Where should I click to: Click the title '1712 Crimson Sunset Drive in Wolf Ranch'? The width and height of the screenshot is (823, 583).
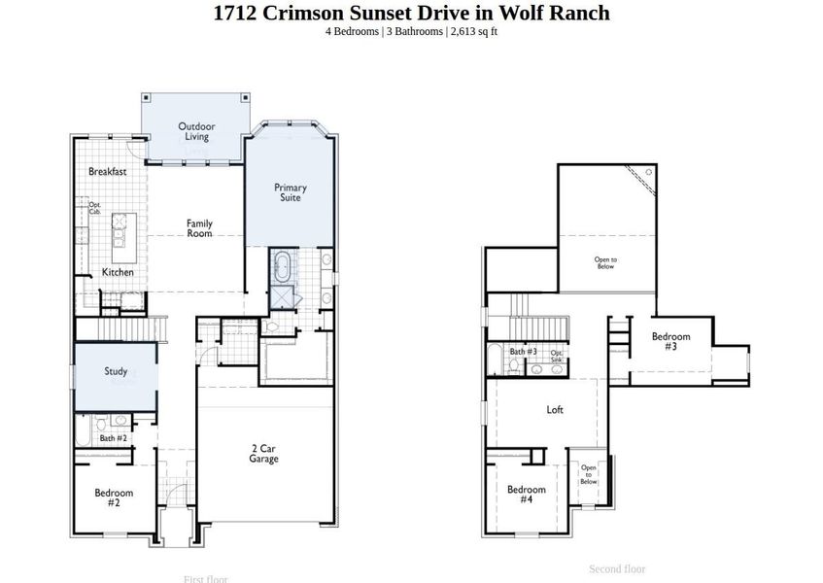click(x=411, y=13)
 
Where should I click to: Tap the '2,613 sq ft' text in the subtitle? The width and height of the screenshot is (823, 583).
click(x=474, y=31)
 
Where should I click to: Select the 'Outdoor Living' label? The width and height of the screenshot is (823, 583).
click(x=196, y=131)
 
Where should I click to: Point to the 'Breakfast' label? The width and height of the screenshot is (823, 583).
click(x=107, y=172)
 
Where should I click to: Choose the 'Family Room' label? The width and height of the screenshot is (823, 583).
click(x=199, y=228)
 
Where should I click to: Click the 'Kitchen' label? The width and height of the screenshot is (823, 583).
click(x=118, y=272)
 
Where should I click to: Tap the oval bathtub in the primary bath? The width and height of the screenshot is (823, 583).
click(x=283, y=265)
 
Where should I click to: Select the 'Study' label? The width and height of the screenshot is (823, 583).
click(x=116, y=371)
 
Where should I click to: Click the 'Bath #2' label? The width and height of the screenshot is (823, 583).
click(x=113, y=438)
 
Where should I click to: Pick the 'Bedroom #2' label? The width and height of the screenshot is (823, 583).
click(x=114, y=497)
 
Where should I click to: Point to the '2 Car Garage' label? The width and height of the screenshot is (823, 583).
click(x=263, y=454)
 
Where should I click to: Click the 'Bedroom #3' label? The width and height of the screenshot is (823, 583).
click(x=670, y=341)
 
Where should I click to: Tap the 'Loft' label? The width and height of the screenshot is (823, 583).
click(x=555, y=410)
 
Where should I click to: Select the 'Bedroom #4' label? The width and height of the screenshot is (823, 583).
click(x=526, y=494)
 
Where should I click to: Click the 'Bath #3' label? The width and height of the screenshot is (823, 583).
click(x=525, y=351)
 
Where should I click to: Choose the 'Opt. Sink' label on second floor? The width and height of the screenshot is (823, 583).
click(x=557, y=357)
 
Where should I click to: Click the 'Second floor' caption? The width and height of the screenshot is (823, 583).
click(x=617, y=568)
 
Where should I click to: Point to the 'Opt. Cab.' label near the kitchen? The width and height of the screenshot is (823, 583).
click(x=95, y=208)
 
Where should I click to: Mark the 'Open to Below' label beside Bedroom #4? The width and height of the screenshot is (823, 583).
click(x=589, y=474)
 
